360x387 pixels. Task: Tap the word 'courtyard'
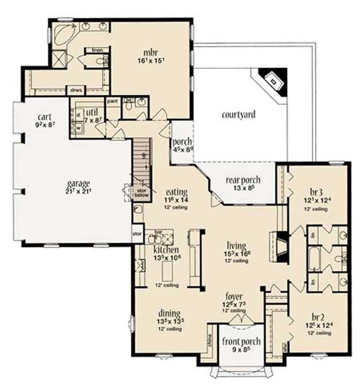coord(238,114)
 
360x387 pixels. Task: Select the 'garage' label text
coord(79,183)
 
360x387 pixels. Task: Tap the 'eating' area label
coord(175,192)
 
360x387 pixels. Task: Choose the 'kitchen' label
coord(166,249)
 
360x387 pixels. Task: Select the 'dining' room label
coord(169,313)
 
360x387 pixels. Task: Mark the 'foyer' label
coord(234,297)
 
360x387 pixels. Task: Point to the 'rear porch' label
coord(243,180)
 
